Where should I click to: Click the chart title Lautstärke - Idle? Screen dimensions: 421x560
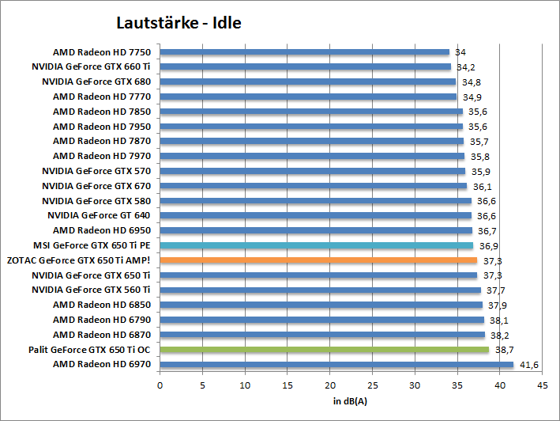point(179,23)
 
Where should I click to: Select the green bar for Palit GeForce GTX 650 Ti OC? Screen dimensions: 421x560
point(324,349)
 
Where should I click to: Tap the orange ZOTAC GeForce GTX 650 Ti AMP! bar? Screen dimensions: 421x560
point(318,260)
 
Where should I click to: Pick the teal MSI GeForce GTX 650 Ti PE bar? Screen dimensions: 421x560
point(317,245)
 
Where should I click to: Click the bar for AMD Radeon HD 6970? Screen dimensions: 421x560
point(336,364)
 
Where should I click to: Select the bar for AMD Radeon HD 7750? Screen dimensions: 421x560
point(304,52)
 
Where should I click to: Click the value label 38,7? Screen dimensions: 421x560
point(505,350)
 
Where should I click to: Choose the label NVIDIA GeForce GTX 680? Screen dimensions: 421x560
point(96,82)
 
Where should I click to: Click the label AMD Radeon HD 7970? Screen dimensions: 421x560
point(101,156)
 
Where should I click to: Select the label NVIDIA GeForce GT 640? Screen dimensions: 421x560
point(99,215)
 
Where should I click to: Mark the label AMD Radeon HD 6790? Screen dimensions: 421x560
point(101,320)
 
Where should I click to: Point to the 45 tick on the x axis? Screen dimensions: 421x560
point(542,386)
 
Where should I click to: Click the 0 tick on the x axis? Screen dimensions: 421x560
point(160,386)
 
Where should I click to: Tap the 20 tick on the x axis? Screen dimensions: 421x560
point(329,386)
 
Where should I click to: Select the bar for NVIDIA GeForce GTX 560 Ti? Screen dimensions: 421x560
point(320,290)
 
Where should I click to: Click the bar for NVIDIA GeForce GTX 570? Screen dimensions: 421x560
point(313,171)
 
